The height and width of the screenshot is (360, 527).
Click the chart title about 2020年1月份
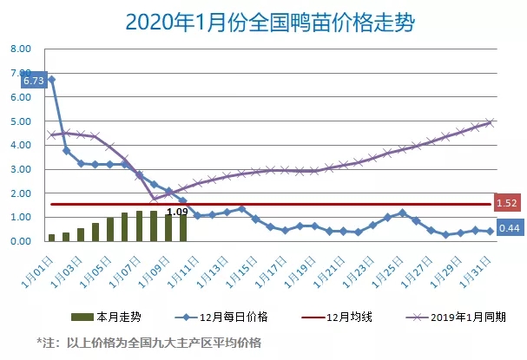pyautogui.click(x=263, y=20)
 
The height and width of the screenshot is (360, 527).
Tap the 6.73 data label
pyautogui.click(x=34, y=81)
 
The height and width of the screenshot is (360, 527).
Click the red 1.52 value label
pyautogui.click(x=508, y=204)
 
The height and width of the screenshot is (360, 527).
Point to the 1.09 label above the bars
pyautogui.click(x=177, y=211)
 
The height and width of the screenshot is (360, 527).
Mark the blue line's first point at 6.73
pyautogui.click(x=52, y=80)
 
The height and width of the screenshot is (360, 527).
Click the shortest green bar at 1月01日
pyautogui.click(x=52, y=237)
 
